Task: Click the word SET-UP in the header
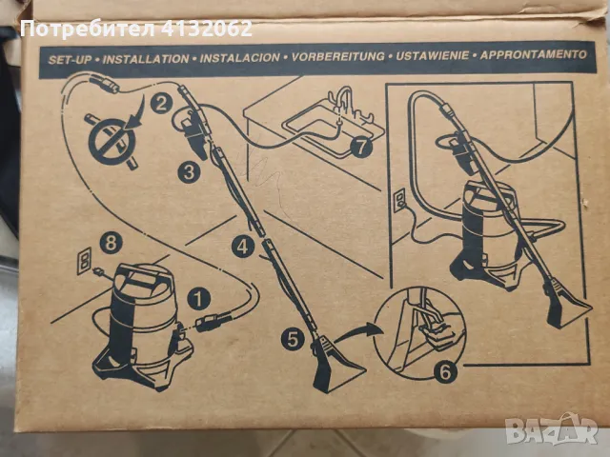[x=70, y=60]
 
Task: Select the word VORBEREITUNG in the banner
[x=338, y=56]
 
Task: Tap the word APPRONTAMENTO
[x=533, y=54]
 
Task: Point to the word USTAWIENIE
[x=432, y=55]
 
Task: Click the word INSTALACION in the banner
[x=239, y=58]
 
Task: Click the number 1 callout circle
[x=199, y=298]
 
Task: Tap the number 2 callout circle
[x=161, y=103]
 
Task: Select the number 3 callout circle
[x=189, y=171]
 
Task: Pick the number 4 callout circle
[x=243, y=246]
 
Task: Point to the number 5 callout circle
[x=293, y=338]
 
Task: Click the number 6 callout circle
[x=445, y=371]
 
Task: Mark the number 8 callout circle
[x=111, y=243]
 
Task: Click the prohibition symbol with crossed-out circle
[x=112, y=141]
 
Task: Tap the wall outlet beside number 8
[x=84, y=261]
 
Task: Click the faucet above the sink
[x=343, y=101]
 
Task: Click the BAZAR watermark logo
[x=551, y=429]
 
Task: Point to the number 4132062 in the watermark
[x=207, y=29]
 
